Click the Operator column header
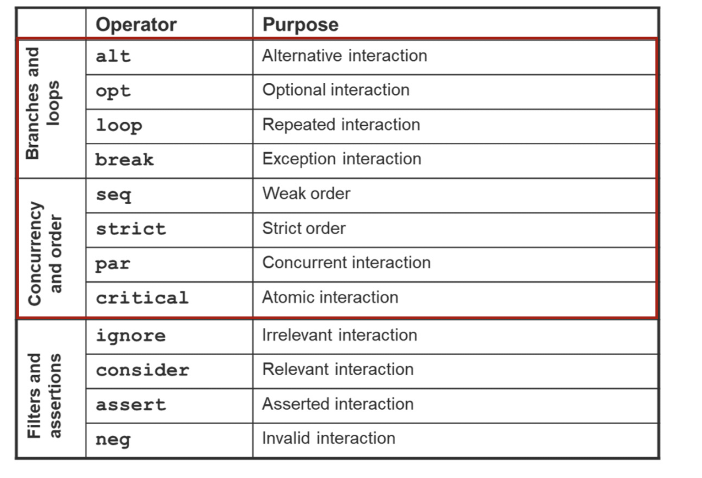(136, 24)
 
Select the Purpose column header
(300, 24)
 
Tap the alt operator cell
(113, 56)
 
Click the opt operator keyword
(113, 91)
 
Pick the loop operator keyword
(119, 126)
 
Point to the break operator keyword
(124, 160)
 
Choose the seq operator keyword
(113, 195)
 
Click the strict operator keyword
(131, 229)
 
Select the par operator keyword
(113, 264)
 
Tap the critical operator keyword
(142, 298)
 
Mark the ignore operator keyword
(131, 336)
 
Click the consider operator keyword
(142, 370)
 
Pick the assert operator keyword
(131, 405)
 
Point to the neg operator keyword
(113, 440)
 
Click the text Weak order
(306, 193)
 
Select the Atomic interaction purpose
(330, 297)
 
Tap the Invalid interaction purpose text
(328, 438)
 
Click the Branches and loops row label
(42, 103)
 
